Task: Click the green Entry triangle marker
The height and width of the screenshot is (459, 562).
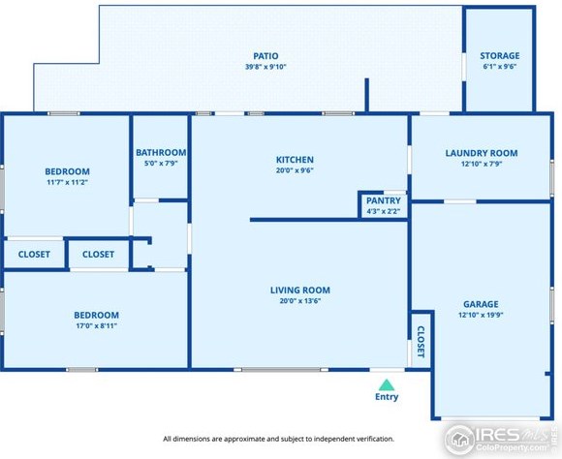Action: coord(387,384)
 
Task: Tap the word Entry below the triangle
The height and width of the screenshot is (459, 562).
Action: coord(387,397)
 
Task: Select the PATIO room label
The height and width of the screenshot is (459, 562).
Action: coord(265,56)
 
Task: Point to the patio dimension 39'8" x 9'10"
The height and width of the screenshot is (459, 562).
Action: coord(265,67)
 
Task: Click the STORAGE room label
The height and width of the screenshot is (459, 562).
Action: coord(500,56)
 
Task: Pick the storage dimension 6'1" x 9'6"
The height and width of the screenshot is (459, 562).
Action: coord(500,66)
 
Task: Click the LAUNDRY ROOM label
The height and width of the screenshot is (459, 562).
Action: coord(482,153)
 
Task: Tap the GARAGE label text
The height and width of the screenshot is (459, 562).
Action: coord(481,304)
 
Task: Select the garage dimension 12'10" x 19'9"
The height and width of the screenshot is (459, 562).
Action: coord(481,315)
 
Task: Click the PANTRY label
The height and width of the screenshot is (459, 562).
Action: coord(383,200)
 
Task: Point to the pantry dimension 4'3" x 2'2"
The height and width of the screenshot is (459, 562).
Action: coord(383,211)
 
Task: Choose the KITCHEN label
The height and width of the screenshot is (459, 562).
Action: coord(295,160)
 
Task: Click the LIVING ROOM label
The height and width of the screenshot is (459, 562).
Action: coord(300,291)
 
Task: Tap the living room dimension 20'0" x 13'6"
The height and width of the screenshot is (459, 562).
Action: coord(300,300)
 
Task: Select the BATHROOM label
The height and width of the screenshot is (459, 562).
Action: coord(161,153)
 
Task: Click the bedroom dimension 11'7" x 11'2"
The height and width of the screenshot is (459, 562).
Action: coord(68,182)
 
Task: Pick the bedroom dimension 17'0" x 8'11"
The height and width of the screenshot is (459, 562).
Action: coord(97,325)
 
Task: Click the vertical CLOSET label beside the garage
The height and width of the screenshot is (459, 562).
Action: coord(421,342)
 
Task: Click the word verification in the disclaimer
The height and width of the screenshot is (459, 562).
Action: coord(377,439)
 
